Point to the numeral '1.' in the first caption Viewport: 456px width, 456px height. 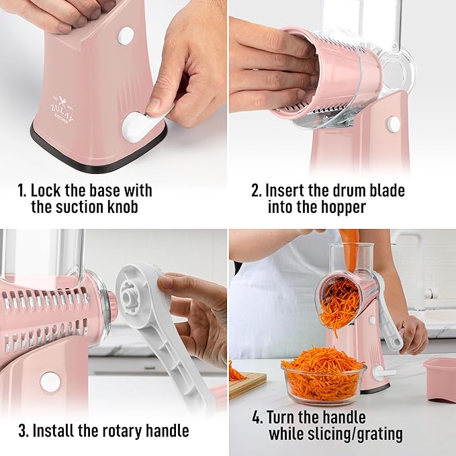pyautogui.click(x=22, y=191)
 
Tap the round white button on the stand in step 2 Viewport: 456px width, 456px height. pyautogui.click(x=394, y=124)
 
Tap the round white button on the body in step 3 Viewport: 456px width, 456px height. pyautogui.click(x=50, y=381)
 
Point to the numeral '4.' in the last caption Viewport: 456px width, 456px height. pyautogui.click(x=257, y=417)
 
